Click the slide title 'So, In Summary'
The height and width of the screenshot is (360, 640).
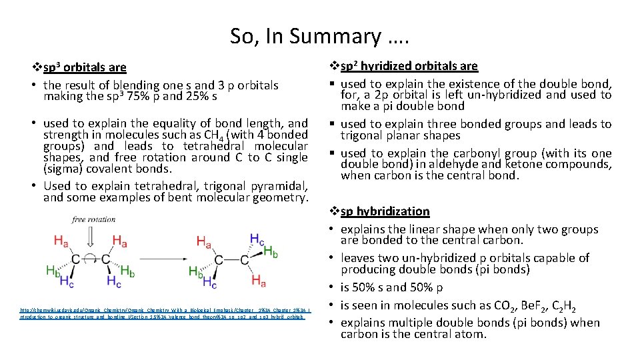[x=320, y=36]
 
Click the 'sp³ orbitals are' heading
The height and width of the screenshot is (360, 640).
[x=84, y=67]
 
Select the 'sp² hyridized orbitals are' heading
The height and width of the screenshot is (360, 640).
[x=409, y=65]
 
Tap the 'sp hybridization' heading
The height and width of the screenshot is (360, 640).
[x=385, y=211]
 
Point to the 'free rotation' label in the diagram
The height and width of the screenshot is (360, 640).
[x=93, y=219]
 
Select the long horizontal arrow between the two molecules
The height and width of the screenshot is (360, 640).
[x=162, y=258]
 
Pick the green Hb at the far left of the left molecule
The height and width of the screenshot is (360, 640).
[x=53, y=270]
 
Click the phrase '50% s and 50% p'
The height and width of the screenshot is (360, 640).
[x=391, y=288]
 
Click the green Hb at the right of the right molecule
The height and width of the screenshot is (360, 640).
[x=271, y=251]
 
